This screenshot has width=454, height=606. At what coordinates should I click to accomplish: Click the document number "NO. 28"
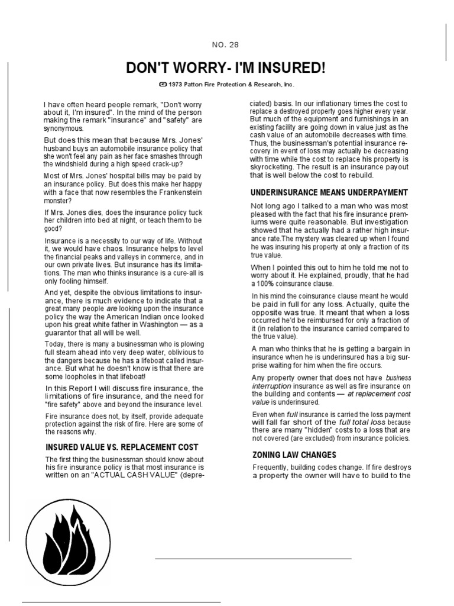point(225,44)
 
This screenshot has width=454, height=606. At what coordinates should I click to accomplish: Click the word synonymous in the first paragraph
point(63,128)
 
